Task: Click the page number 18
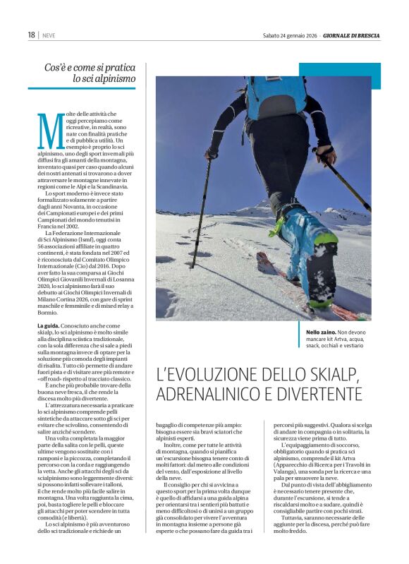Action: click(x=32, y=35)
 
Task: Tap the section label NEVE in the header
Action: click(x=49, y=35)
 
